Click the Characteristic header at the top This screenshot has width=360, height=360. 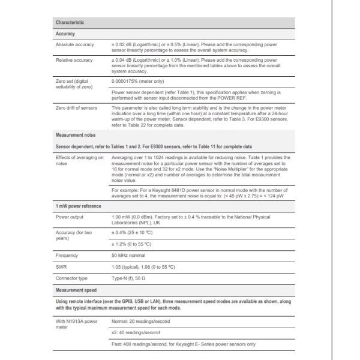[x=70, y=23]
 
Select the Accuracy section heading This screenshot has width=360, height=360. [x=65, y=34]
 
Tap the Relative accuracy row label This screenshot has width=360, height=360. [x=74, y=60]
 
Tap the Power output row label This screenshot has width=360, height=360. [x=70, y=217]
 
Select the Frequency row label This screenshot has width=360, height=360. [x=67, y=256]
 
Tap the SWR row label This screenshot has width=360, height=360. [x=61, y=267]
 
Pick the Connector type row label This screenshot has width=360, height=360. [x=71, y=278]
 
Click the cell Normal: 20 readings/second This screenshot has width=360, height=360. [x=141, y=321]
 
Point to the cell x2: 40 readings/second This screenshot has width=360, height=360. [x=136, y=332]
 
